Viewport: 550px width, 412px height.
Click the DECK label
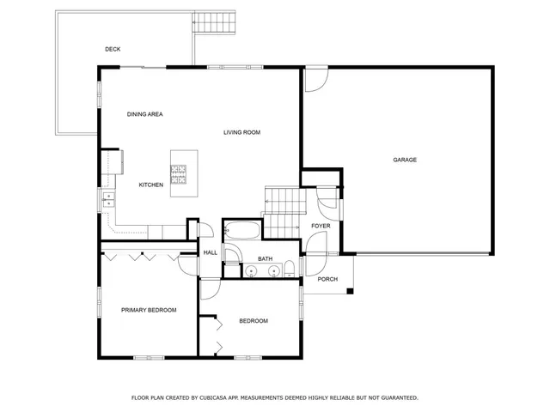[113, 49]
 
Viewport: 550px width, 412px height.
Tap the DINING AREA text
[144, 114]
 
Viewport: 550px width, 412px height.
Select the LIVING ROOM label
[241, 132]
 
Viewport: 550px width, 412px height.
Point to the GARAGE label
[405, 160]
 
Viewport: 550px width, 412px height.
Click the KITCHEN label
[151, 185]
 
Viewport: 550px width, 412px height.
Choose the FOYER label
[321, 226]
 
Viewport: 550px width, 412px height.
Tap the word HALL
[211, 252]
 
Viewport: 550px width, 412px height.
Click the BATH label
[265, 258]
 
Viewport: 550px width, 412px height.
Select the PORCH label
[327, 279]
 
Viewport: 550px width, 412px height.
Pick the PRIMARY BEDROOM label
[149, 310]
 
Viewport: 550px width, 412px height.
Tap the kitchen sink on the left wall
[108, 201]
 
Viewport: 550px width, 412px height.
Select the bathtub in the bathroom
[242, 231]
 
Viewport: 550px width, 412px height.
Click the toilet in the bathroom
[290, 267]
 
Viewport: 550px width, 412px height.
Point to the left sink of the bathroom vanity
[251, 271]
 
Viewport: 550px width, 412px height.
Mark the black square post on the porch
[349, 292]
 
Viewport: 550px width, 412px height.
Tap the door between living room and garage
[315, 80]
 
